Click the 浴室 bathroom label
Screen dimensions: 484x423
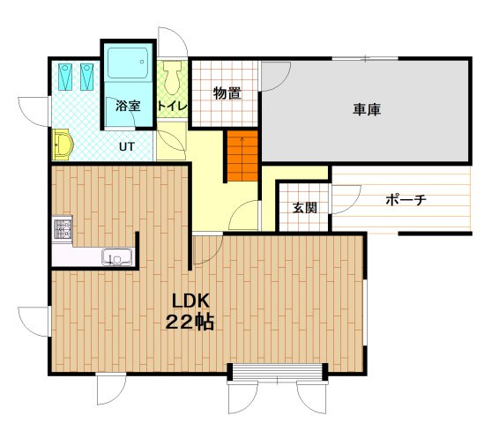(128, 106)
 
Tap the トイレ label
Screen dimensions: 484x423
(173, 106)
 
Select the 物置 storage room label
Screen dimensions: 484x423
(227, 93)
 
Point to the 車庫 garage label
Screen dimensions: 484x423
(367, 109)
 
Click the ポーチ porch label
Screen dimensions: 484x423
(406, 200)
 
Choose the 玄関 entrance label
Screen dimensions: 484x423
(305, 208)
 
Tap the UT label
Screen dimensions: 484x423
(127, 147)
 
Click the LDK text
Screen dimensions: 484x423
(190, 301)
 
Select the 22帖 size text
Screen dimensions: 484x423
(190, 323)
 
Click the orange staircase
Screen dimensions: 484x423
(242, 156)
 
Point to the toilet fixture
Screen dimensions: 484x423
(172, 78)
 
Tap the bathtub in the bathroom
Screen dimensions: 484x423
(128, 63)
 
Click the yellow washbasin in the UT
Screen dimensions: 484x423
(63, 145)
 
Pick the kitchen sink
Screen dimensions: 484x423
(117, 257)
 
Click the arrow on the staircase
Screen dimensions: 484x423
(242, 145)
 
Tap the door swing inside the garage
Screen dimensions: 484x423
(275, 76)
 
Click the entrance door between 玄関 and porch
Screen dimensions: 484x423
(346, 199)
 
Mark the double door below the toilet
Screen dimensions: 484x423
(171, 145)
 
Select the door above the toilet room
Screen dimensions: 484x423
(173, 42)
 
